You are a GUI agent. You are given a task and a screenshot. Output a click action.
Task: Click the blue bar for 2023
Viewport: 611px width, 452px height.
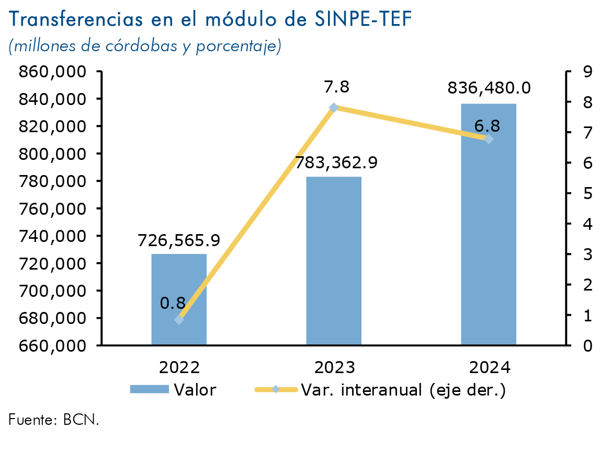pos(334,261)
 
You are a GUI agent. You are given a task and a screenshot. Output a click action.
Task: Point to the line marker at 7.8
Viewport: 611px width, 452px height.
pos(334,108)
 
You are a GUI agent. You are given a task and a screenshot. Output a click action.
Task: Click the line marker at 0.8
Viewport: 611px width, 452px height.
pos(179,319)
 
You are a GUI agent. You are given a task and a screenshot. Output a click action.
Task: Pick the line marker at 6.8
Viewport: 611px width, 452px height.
pos(489,139)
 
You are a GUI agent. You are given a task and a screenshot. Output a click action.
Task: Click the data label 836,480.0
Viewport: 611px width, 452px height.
pos(489,88)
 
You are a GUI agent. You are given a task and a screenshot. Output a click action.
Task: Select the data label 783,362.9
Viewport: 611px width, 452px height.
pos(336,163)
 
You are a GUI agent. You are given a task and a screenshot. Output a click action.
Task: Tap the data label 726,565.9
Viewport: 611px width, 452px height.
pos(179,240)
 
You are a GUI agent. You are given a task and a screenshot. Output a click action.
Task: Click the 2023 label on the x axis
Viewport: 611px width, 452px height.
pos(334,367)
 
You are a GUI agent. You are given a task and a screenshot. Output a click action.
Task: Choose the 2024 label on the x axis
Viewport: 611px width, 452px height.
pos(489,367)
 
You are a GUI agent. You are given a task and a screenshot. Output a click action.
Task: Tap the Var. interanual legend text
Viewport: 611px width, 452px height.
pos(403,390)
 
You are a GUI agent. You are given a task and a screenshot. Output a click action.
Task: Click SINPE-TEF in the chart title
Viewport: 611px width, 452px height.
pos(364,19)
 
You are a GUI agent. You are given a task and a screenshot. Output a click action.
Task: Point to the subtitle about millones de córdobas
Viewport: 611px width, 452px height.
pos(145,46)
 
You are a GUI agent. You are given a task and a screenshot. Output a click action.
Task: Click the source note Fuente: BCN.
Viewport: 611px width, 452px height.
pos(53,419)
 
